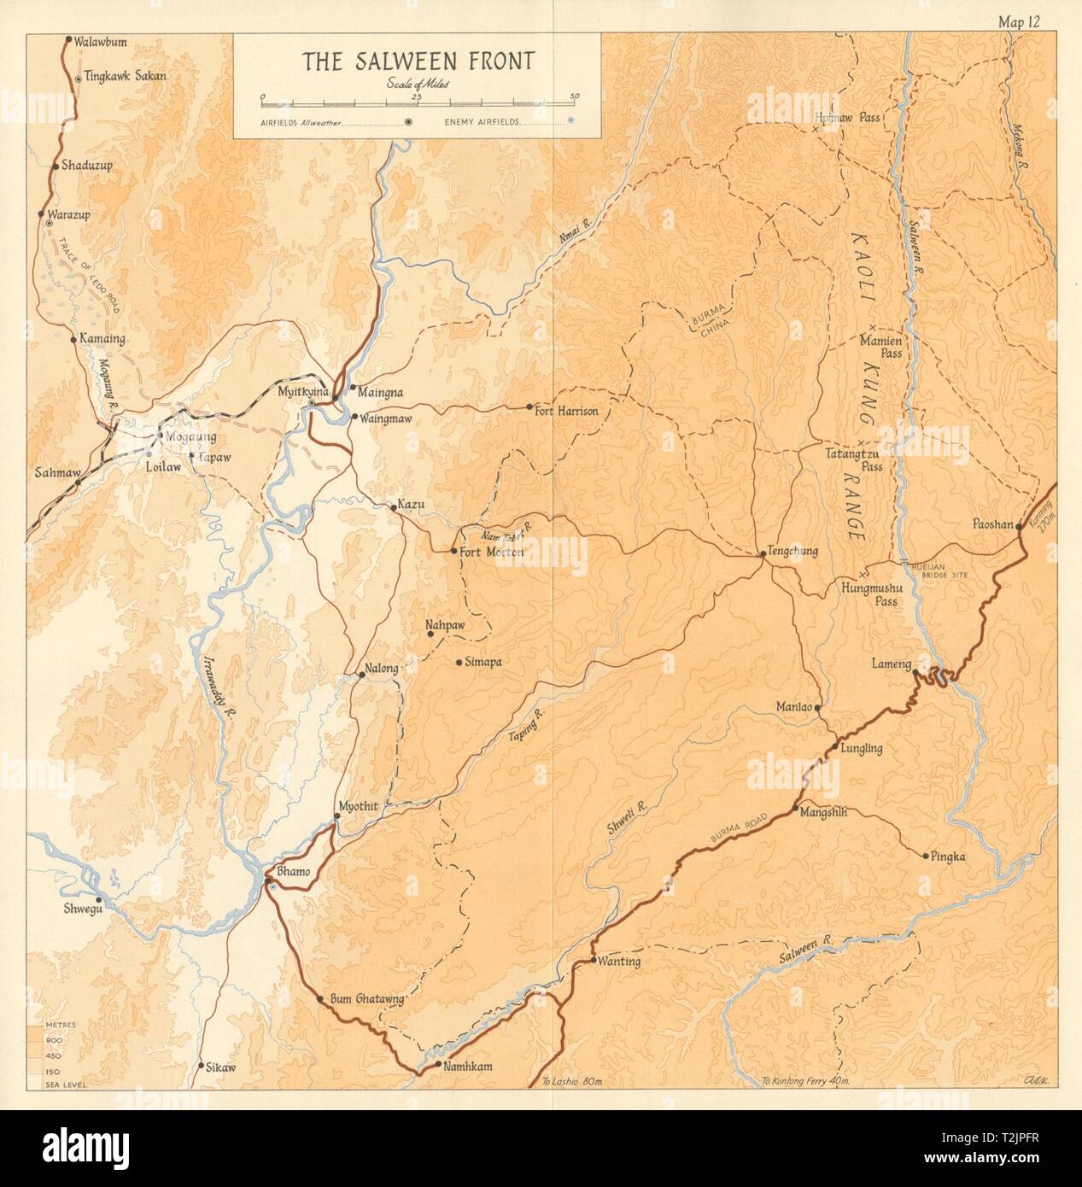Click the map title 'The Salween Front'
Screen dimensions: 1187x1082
417,61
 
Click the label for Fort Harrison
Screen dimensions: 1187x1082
565,411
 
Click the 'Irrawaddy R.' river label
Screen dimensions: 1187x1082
220,681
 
